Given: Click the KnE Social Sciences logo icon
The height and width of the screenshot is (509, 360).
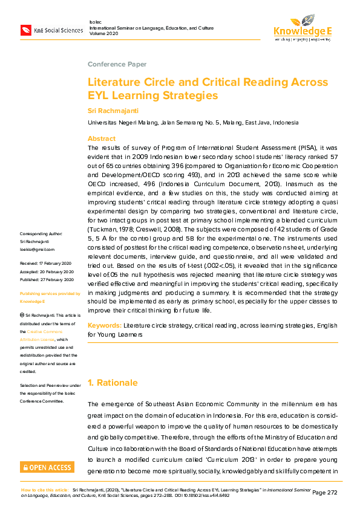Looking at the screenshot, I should point(26,30).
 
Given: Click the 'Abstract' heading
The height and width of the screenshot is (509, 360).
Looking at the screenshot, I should point(102,138).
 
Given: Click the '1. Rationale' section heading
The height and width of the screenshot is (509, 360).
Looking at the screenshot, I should point(113,383).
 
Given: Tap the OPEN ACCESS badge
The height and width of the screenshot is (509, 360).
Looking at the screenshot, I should point(47,467).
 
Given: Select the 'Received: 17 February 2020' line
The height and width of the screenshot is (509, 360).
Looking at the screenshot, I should point(47,264).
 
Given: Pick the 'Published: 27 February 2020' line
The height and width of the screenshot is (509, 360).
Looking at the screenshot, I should point(47,279).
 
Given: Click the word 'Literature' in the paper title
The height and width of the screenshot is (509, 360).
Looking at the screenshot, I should point(116,82).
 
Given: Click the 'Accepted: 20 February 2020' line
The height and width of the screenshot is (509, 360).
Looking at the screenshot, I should point(47,271).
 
